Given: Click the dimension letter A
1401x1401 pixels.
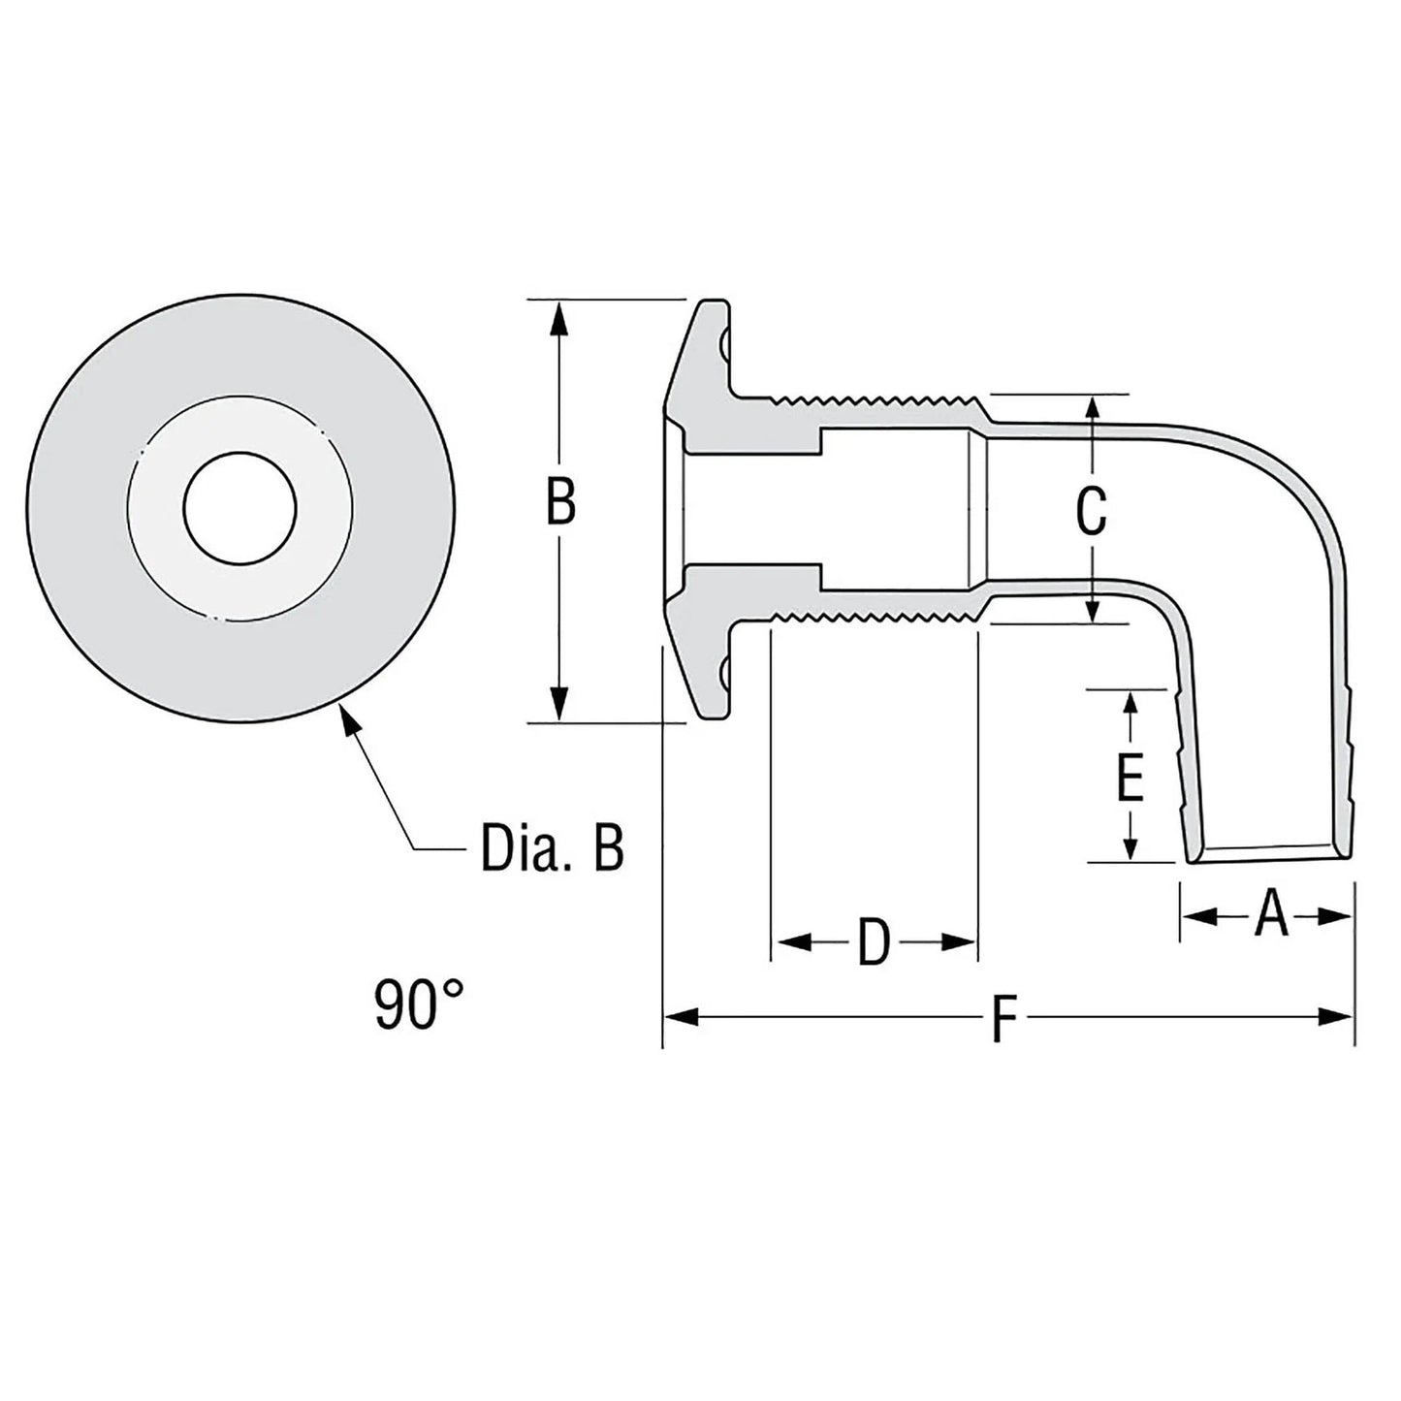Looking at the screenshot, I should [x=1270, y=915].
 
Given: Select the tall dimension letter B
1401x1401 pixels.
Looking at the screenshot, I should [x=560, y=504].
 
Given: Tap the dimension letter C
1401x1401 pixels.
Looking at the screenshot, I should [x=1092, y=511].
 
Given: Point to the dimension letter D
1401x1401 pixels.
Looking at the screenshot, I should [x=874, y=942].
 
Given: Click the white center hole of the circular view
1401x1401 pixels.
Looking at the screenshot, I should [x=240, y=510].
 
